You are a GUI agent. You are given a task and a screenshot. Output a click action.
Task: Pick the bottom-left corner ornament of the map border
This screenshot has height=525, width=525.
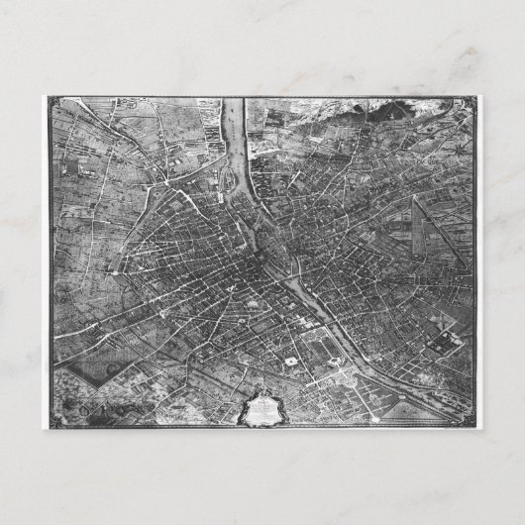[51, 421]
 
